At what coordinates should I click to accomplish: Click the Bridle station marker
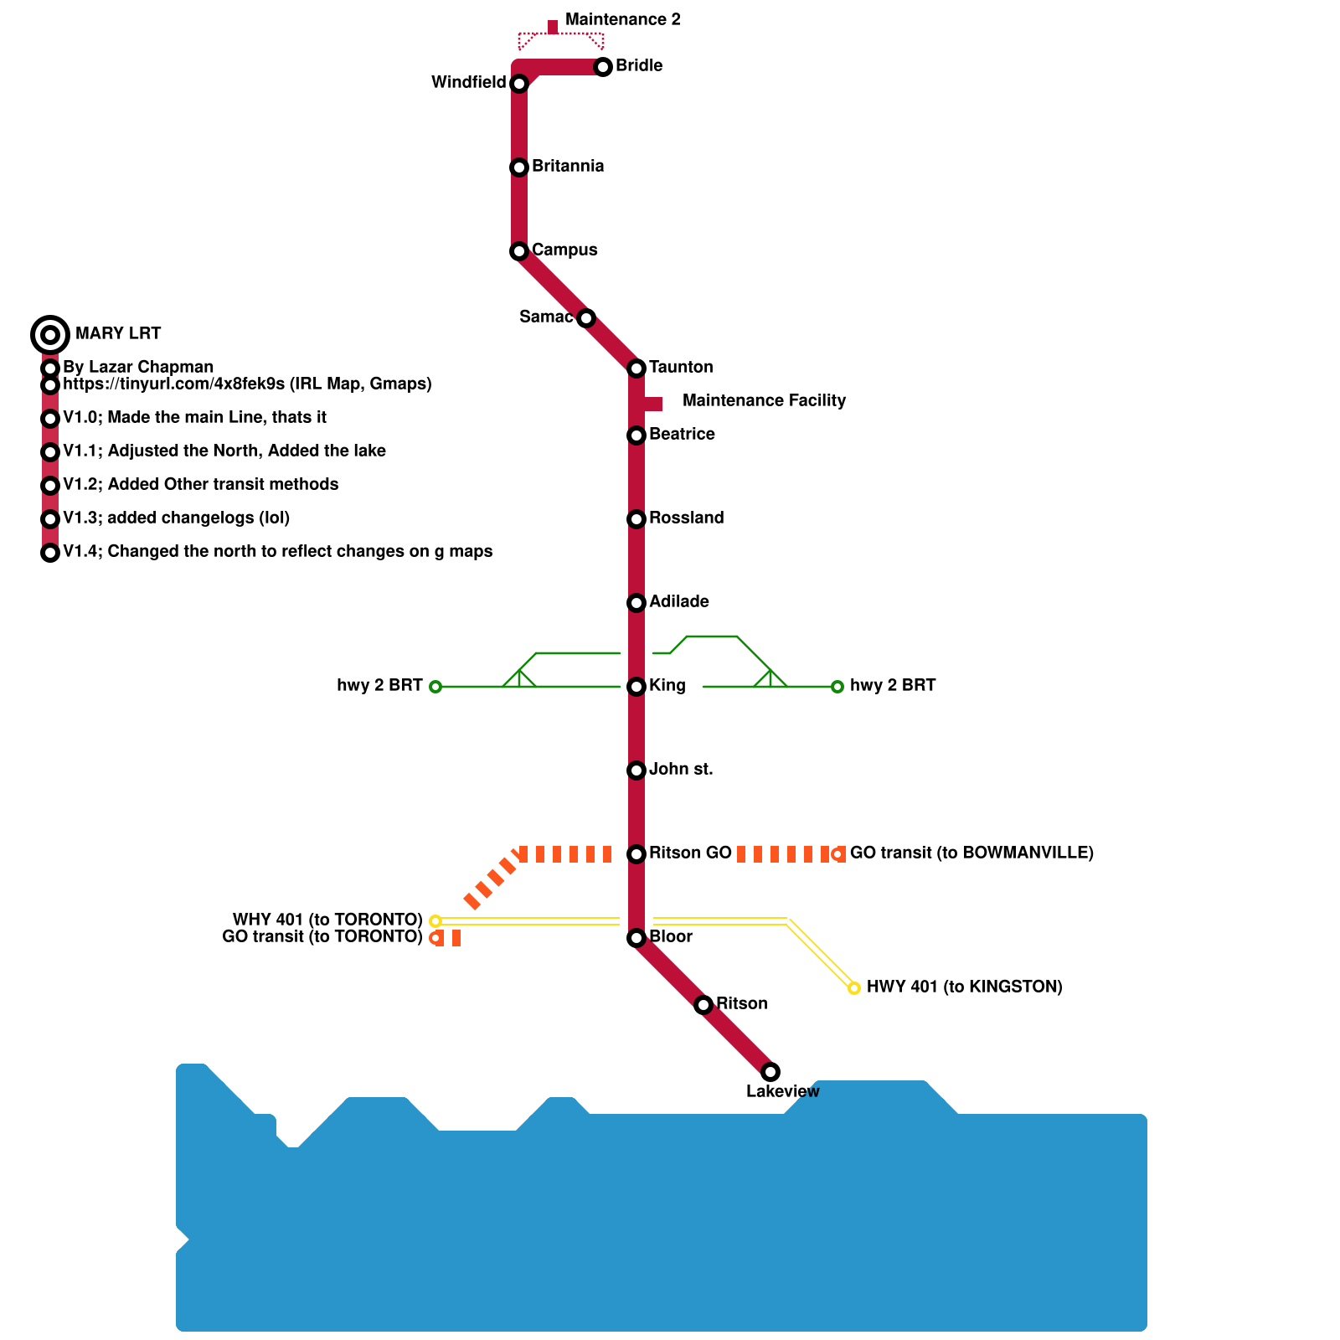tap(603, 67)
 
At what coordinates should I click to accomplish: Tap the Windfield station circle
tap(519, 84)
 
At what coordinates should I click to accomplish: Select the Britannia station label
tap(568, 166)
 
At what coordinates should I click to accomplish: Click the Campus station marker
tap(519, 251)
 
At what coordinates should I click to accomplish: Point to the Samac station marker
tap(586, 318)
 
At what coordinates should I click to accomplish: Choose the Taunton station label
tap(681, 367)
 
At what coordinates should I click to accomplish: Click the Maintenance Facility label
tap(764, 400)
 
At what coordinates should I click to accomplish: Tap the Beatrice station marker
tap(636, 435)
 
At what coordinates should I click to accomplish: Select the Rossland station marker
tap(636, 519)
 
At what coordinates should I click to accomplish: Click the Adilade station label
tap(679, 601)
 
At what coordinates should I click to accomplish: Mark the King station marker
tap(636, 687)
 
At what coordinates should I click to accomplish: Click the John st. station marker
tap(636, 770)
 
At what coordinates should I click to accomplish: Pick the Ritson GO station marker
tap(636, 854)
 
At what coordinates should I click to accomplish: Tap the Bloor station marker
tap(636, 938)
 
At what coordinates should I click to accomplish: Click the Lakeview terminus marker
tap(770, 1072)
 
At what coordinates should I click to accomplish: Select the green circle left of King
tap(435, 687)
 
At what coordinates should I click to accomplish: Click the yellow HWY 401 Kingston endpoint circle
tap(854, 988)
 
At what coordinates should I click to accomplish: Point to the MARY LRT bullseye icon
tap(50, 335)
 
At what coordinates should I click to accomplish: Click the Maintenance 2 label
tap(622, 19)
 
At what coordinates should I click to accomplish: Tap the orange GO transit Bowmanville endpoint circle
tap(837, 854)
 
